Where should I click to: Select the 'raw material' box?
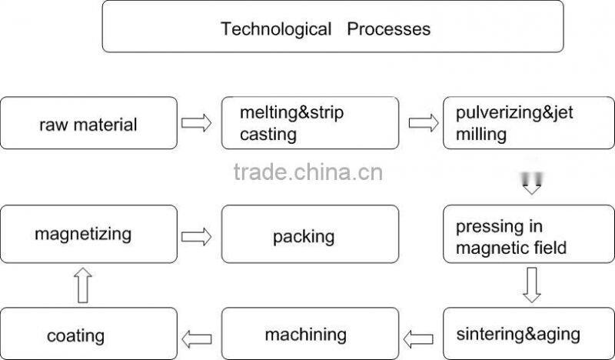(x=88, y=123)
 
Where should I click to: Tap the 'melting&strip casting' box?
(x=310, y=123)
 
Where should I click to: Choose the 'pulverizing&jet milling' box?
(x=529, y=123)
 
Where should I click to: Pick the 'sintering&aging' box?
(x=529, y=335)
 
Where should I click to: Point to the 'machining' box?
(x=310, y=335)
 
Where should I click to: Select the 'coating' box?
(x=88, y=335)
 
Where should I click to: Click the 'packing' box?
(x=310, y=235)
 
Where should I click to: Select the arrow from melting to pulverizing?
(x=421, y=123)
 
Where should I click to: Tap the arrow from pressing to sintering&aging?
(x=530, y=285)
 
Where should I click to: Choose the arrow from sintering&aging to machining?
(x=421, y=335)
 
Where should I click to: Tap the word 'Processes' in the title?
(x=388, y=29)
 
